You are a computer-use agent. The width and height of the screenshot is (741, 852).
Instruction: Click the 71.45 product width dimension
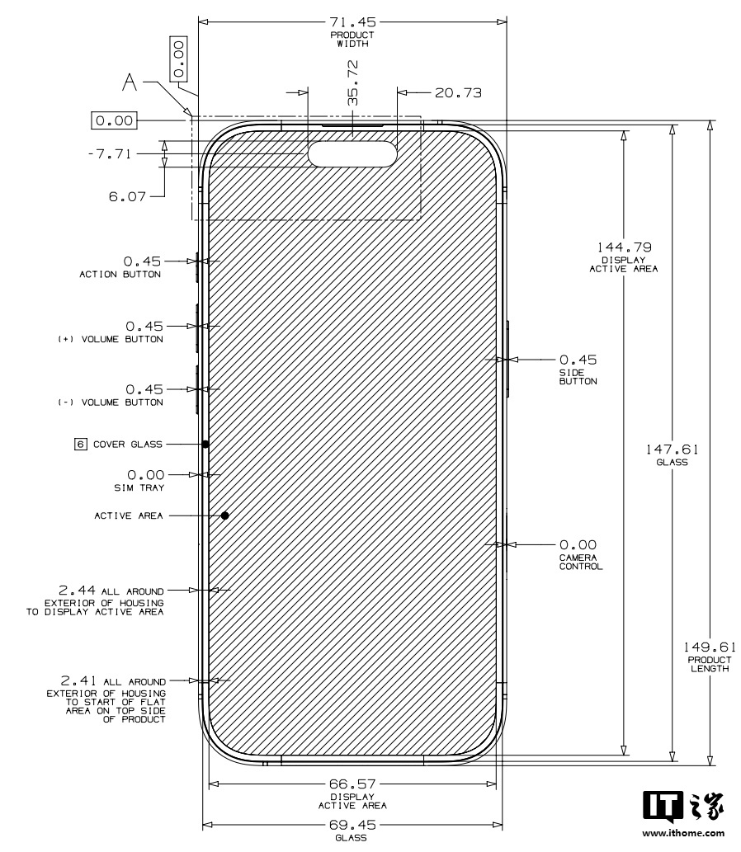coord(352,21)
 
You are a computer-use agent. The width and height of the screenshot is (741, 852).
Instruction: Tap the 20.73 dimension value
coord(458,93)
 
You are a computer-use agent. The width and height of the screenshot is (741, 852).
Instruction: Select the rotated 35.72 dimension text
coord(353,82)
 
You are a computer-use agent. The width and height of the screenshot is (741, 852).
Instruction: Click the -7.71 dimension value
coord(110,153)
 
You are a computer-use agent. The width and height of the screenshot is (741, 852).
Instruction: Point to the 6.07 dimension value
coord(127,196)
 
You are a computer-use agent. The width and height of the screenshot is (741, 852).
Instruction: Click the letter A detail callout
coord(130,82)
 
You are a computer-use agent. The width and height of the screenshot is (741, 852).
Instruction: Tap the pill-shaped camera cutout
coord(352,153)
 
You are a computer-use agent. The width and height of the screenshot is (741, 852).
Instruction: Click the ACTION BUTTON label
coord(120,275)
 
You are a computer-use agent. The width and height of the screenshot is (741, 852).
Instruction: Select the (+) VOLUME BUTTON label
coord(111,339)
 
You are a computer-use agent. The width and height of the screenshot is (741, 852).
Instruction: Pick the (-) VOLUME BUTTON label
coord(111,402)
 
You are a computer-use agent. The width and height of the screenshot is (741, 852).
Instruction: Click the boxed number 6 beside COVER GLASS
coord(81,445)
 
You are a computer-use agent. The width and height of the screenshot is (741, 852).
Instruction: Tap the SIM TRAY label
coord(139,488)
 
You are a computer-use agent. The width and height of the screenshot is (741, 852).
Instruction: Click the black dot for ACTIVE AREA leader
coord(224,515)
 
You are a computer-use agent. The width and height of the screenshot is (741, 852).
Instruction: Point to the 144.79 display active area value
coord(624,247)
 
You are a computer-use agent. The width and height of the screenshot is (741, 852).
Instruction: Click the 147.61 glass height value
coord(673,450)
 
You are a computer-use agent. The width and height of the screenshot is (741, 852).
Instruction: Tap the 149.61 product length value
coord(710,647)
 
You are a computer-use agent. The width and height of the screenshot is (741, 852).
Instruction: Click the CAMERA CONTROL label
coord(581,562)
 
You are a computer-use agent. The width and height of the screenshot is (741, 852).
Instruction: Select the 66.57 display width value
coord(352,784)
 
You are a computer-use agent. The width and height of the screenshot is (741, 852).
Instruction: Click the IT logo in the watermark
coord(663,807)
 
